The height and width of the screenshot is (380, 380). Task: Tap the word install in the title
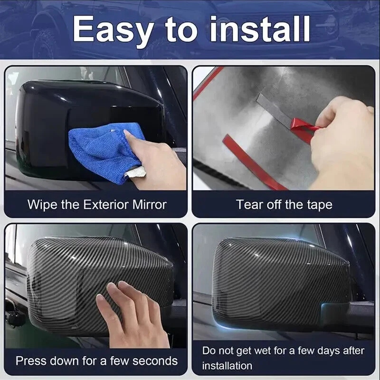[260, 28]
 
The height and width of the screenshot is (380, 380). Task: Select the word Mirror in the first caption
[150, 204]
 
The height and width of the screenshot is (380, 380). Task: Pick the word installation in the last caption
[227, 366]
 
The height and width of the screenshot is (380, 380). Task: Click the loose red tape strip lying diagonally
[255, 162]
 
